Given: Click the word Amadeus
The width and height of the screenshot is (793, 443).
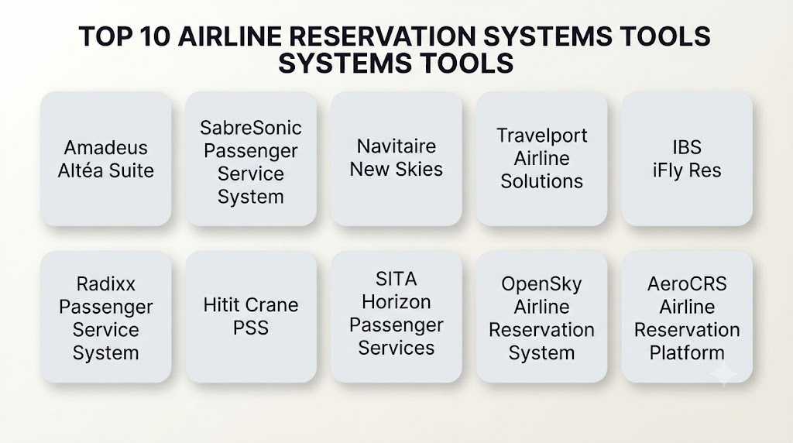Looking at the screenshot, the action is click(x=105, y=148).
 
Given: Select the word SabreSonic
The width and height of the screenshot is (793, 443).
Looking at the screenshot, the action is click(x=251, y=128).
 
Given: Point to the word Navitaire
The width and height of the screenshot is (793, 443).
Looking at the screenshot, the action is click(x=396, y=146).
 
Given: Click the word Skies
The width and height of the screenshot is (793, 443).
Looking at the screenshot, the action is click(x=419, y=169).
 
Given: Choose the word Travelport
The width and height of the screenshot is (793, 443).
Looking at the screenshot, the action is click(x=541, y=136).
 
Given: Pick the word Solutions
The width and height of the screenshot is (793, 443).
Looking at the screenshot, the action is click(x=541, y=181).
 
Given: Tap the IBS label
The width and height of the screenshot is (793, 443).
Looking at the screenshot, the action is click(x=687, y=147).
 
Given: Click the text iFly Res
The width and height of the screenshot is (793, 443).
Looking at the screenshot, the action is click(x=687, y=170).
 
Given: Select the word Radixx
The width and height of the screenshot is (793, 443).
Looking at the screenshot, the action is click(x=105, y=283).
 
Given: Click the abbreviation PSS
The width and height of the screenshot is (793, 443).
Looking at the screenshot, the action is click(x=251, y=328).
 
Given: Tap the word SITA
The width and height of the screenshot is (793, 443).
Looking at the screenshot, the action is click(x=396, y=279).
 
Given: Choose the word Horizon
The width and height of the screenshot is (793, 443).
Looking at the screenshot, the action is click(x=396, y=302).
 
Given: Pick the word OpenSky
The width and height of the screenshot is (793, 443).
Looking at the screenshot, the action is click(x=541, y=284).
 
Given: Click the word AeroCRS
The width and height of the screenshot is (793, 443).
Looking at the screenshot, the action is click(x=687, y=283).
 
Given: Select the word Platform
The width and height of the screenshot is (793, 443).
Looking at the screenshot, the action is click(x=687, y=352).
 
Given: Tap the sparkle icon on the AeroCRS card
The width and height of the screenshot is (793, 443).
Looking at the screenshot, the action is click(x=724, y=374).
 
